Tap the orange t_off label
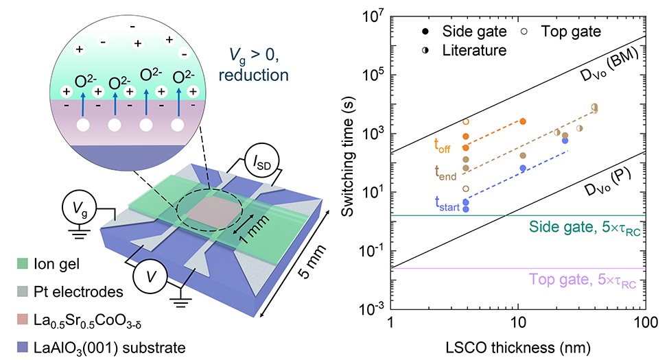click(x=442, y=145)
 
